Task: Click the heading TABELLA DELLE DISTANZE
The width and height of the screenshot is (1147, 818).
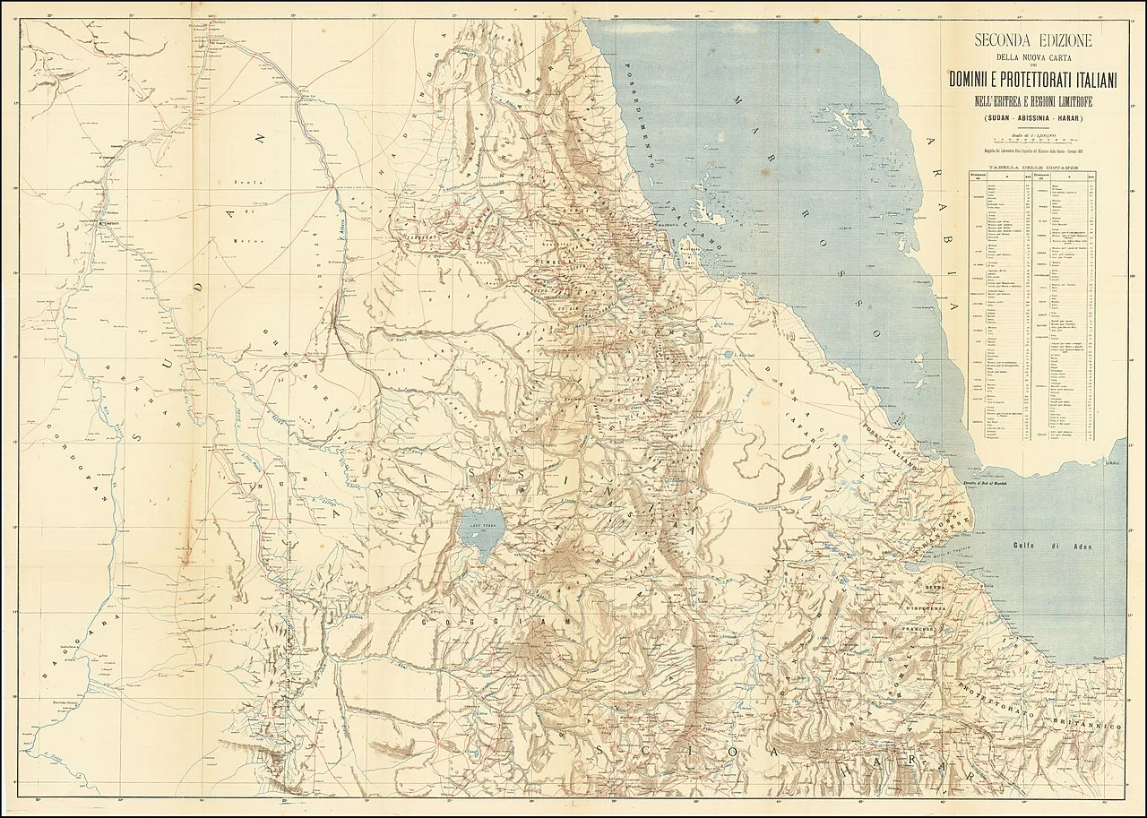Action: [1033, 168]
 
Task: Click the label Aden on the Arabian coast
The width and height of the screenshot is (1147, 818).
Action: [1114, 463]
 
